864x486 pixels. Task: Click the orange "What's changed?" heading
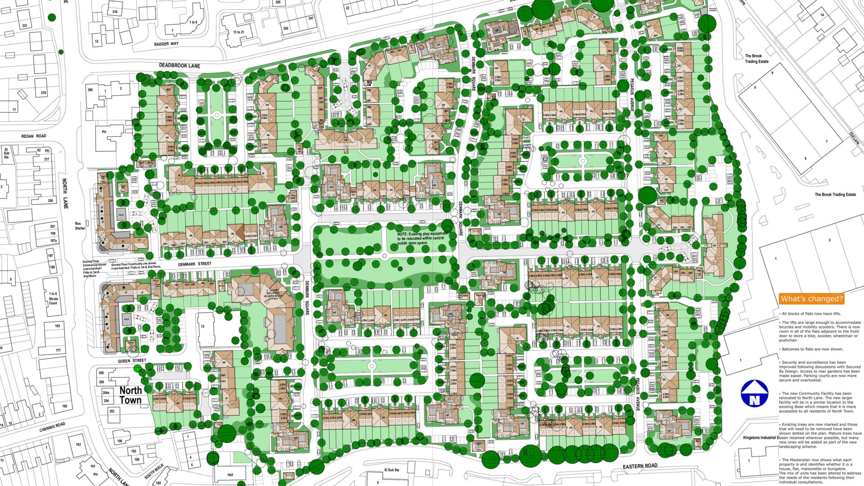[x=811, y=299]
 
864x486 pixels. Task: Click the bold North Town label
[x=130, y=396]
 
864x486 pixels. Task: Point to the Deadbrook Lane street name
[x=180, y=66]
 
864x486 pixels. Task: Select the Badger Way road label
[x=166, y=44]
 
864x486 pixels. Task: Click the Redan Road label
[x=34, y=136]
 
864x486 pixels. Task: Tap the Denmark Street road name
[x=194, y=264]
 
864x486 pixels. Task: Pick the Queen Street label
[x=132, y=360]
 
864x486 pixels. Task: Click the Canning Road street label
[x=52, y=427]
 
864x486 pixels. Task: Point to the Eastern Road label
[x=640, y=466]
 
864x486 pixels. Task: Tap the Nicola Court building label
[x=53, y=298]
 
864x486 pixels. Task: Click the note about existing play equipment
[x=421, y=238]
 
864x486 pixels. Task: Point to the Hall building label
[x=230, y=475]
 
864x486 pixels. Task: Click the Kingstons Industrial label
[x=760, y=437]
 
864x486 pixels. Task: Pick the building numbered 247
[x=311, y=18]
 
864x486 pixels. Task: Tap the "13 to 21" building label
[x=238, y=32]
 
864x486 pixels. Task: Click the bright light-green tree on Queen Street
[x=137, y=369]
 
